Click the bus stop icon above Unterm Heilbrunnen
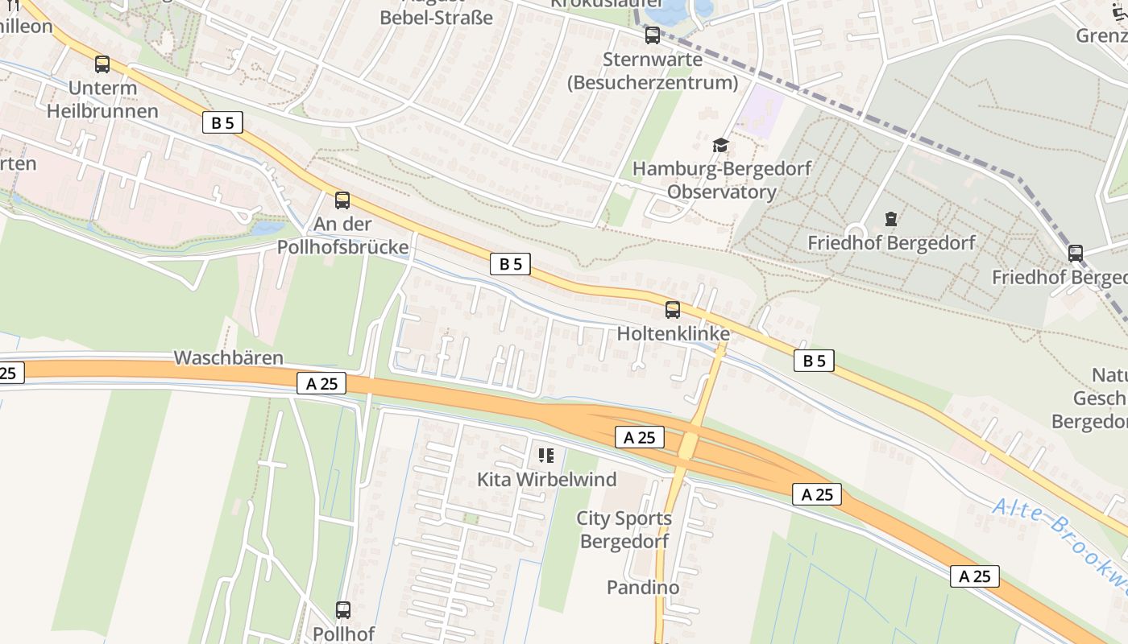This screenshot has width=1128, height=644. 102,64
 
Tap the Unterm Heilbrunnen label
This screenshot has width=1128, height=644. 102,99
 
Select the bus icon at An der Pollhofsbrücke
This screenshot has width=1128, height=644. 342,200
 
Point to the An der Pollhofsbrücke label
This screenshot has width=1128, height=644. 342,235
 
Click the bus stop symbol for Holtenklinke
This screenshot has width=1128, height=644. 673,310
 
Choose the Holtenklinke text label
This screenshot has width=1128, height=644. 674,333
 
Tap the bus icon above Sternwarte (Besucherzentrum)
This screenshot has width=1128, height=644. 653,35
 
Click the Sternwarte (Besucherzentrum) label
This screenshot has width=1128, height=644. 653,71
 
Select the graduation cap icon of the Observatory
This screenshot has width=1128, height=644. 720,145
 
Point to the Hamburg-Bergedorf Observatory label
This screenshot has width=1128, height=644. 722,180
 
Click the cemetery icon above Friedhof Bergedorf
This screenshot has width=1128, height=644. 891,219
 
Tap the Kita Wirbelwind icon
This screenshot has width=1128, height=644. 546,456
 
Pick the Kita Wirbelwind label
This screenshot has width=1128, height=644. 546,480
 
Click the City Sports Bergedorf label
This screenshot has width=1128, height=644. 624,530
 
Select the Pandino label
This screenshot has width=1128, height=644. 643,588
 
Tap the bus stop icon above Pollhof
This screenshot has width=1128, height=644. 343,610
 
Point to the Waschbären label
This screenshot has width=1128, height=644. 229,357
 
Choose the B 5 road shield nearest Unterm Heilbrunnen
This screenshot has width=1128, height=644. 222,123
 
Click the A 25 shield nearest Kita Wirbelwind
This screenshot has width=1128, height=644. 640,437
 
